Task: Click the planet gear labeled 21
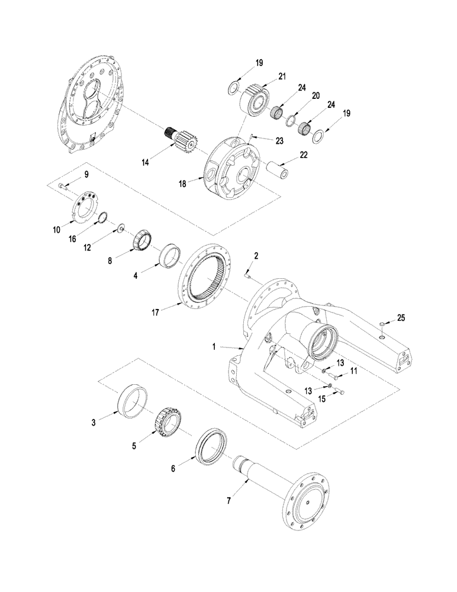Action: pyautogui.click(x=258, y=96)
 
